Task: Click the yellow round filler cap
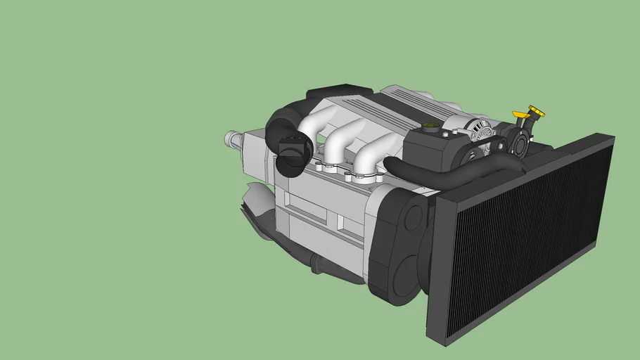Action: pos(537,111)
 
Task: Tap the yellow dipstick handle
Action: pos(520,115)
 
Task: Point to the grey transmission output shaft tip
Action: pos(229,138)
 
